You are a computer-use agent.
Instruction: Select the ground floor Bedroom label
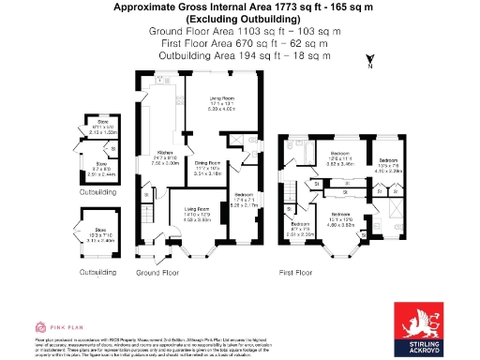point(242,200)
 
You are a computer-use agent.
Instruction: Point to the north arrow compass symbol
point(371,62)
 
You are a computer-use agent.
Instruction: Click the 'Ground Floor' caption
point(157,272)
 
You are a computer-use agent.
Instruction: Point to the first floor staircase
point(292,196)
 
